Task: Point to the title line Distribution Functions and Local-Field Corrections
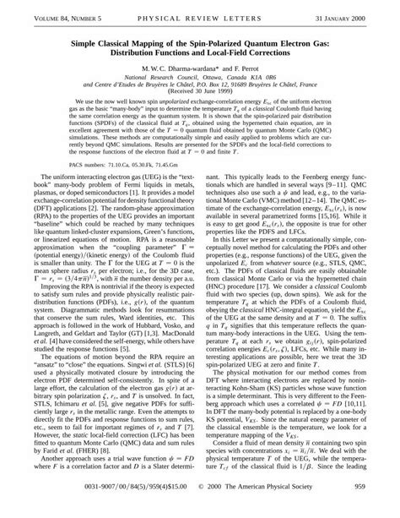click(199, 50)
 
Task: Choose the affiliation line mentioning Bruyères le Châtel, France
click(199, 87)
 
